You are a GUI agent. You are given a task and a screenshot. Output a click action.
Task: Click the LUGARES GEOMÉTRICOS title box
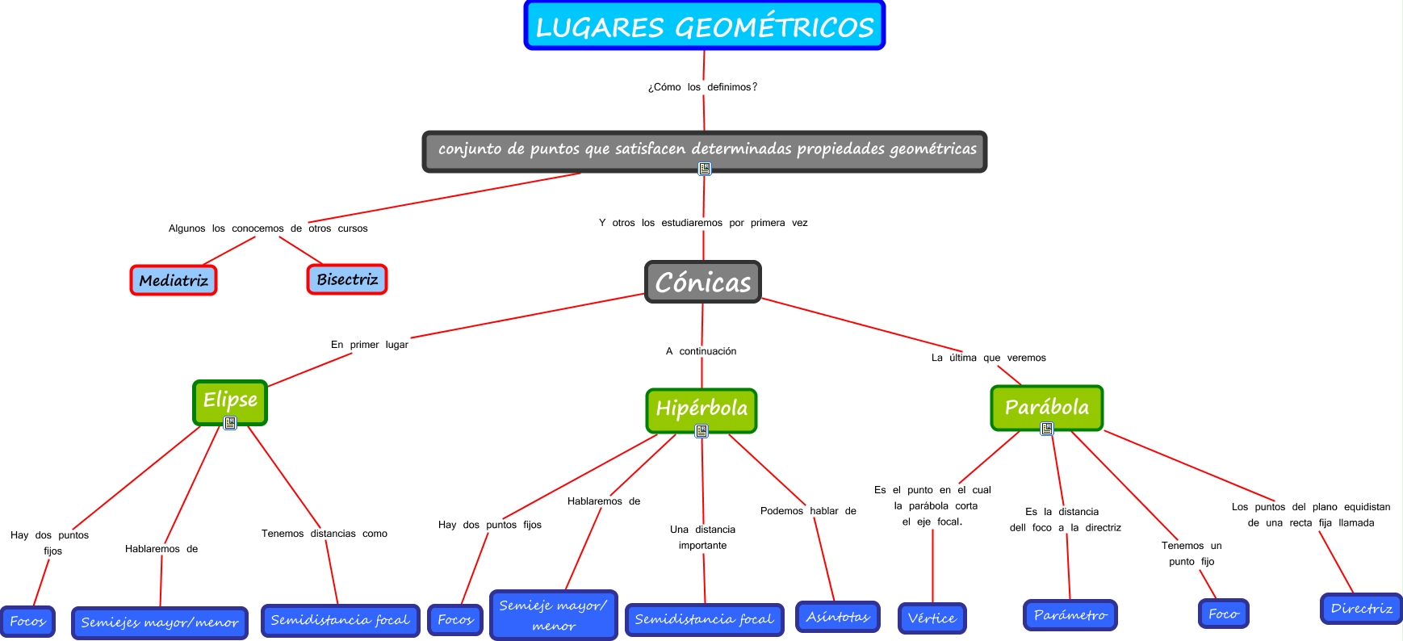(x=704, y=26)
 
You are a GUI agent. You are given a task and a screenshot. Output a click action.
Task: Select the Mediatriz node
(x=174, y=280)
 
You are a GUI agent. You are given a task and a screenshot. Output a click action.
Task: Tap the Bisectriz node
(x=347, y=279)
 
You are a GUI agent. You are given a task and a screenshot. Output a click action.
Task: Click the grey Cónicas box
(x=702, y=282)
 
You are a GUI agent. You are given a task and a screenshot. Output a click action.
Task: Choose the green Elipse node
(x=230, y=400)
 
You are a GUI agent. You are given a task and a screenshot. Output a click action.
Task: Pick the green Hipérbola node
(x=701, y=408)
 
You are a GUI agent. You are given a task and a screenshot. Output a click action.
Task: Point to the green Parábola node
(x=1046, y=407)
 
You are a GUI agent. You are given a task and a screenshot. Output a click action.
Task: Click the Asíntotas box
(x=837, y=617)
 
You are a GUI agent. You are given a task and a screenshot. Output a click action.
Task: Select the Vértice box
(x=932, y=618)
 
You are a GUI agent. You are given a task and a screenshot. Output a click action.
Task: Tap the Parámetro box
(x=1070, y=615)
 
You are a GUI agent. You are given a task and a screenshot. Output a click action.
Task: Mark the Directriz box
(x=1361, y=609)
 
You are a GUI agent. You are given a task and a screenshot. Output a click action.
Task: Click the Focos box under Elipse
(x=27, y=622)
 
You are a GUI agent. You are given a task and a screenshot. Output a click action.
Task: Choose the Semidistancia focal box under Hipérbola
(x=704, y=619)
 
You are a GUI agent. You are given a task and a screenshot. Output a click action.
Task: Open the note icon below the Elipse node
(x=230, y=423)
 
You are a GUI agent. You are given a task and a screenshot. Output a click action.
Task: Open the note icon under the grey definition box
(x=705, y=169)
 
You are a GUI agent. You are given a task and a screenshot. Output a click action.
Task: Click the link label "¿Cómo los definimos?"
(x=702, y=87)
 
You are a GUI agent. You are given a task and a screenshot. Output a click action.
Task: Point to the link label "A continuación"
(x=701, y=351)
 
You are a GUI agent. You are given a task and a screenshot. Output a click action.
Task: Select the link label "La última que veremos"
(x=988, y=358)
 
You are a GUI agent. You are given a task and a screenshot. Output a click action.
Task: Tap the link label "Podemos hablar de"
(x=808, y=511)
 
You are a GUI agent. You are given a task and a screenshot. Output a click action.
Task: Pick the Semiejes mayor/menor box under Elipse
(x=160, y=622)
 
